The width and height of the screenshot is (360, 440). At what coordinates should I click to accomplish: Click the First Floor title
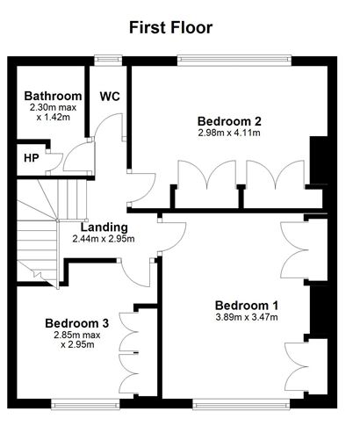coord(170,27)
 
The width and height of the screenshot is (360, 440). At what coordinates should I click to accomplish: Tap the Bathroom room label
coord(53,96)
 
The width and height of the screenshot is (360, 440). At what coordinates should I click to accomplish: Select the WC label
coord(110,97)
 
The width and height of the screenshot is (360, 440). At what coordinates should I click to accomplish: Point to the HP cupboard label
coord(32,158)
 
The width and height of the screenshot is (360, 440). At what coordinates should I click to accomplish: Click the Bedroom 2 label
coord(229,121)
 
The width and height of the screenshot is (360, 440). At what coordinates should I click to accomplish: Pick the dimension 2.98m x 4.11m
coord(229,133)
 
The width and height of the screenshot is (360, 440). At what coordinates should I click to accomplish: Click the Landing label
coord(104,227)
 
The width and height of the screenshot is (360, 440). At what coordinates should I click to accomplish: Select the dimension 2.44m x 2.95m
coord(104,239)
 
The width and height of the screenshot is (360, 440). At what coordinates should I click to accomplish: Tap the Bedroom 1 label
coord(247,306)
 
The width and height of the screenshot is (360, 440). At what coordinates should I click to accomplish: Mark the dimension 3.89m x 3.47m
coord(247,317)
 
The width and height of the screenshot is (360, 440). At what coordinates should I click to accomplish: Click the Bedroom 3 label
coord(77,323)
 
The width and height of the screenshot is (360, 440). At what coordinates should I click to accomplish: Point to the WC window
coord(108,60)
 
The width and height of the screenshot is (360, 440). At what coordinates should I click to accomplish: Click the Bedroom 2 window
coord(234,61)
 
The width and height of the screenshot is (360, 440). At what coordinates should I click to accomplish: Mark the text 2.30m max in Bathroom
coord(53,107)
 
